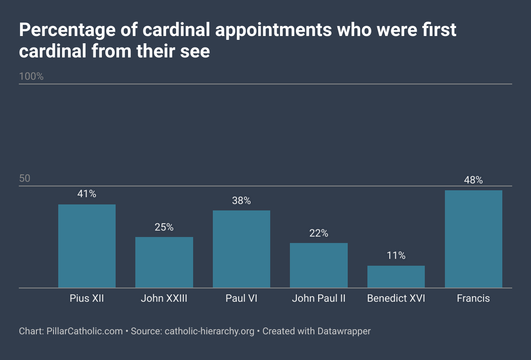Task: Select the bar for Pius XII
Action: (87, 246)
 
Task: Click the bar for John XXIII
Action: (164, 262)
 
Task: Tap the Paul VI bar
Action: (242, 249)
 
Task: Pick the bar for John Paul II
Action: (319, 265)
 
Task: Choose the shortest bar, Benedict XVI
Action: (396, 277)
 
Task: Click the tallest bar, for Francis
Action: (473, 239)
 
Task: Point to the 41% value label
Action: (87, 194)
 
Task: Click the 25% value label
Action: (164, 227)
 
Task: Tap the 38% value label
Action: (242, 200)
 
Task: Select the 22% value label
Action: (319, 233)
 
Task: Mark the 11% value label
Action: (396, 255)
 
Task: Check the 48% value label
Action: (473, 180)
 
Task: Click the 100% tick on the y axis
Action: (31, 76)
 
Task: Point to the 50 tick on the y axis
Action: (25, 178)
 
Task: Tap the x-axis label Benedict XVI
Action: (396, 298)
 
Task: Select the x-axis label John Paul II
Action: (319, 298)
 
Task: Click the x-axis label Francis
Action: (473, 298)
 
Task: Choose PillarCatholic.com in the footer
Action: (84, 331)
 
